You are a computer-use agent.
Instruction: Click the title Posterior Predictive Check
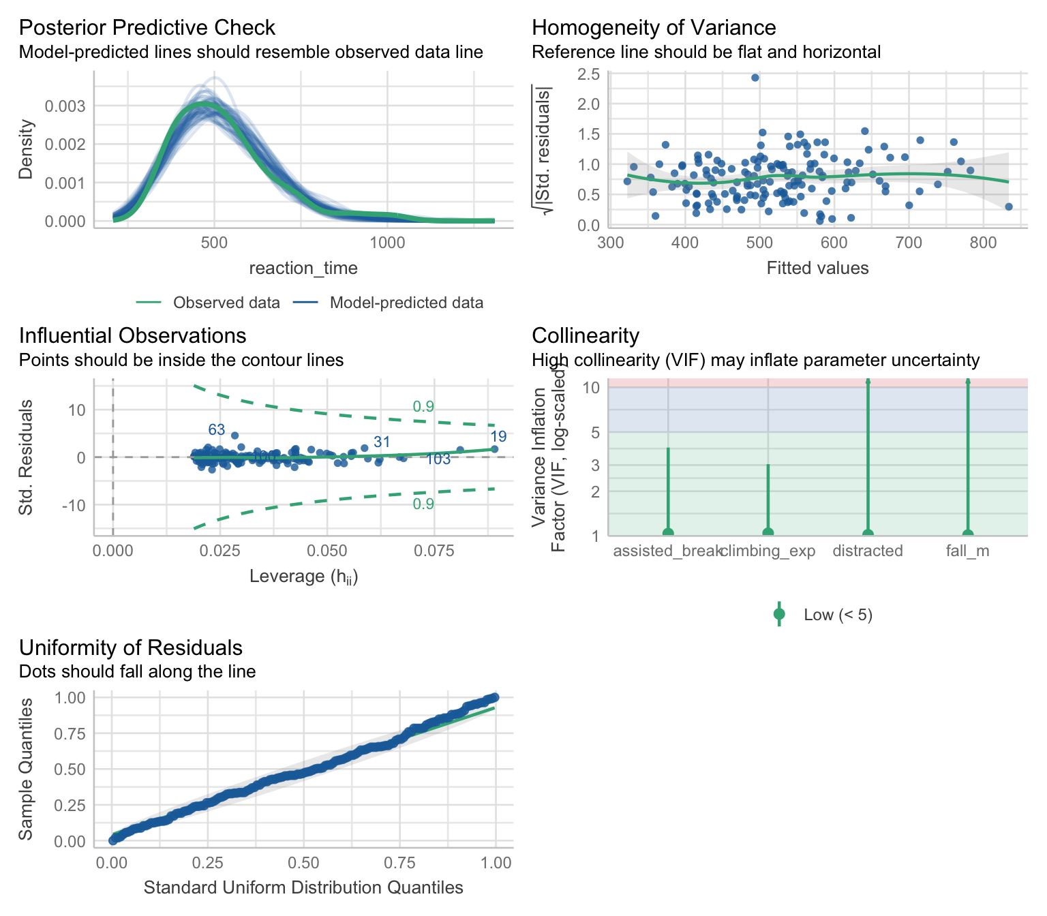(x=147, y=28)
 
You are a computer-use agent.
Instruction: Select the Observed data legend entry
(x=226, y=303)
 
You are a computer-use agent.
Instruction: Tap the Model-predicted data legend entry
(x=406, y=303)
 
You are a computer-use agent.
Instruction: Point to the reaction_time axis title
(x=303, y=269)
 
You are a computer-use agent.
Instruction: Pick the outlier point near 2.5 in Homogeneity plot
(x=755, y=78)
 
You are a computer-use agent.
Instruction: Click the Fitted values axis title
(x=817, y=269)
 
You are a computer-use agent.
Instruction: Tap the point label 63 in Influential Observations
(x=216, y=430)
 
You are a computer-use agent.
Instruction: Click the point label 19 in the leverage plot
(x=498, y=437)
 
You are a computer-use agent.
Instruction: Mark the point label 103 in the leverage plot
(x=438, y=459)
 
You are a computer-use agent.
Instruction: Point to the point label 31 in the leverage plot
(x=382, y=442)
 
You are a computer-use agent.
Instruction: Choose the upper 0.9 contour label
(x=423, y=407)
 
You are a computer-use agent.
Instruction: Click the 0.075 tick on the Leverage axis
(x=434, y=551)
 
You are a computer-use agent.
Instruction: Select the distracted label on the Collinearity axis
(x=868, y=551)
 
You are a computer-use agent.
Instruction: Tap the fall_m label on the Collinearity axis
(x=967, y=551)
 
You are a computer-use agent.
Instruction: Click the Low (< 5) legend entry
(x=838, y=615)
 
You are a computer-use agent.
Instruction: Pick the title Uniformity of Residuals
(x=130, y=647)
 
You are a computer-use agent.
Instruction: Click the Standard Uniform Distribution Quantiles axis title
(x=303, y=888)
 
